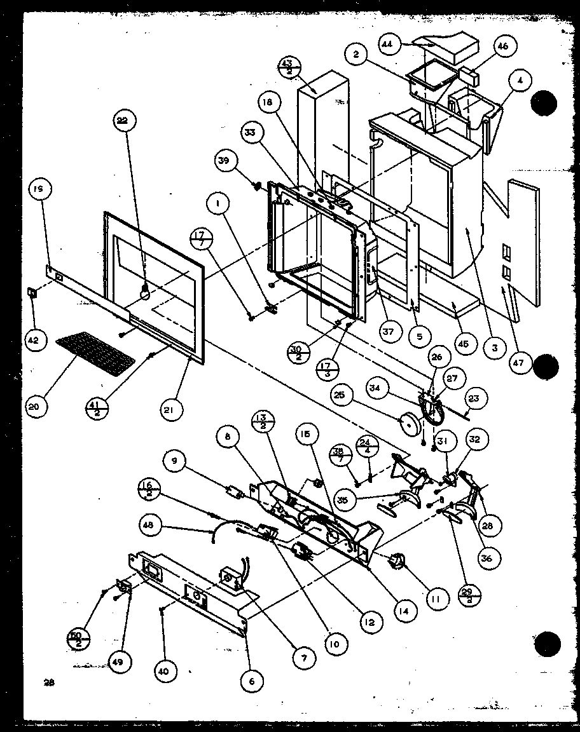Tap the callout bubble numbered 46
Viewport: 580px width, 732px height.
click(x=502, y=47)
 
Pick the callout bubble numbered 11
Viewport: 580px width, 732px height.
click(x=436, y=598)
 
